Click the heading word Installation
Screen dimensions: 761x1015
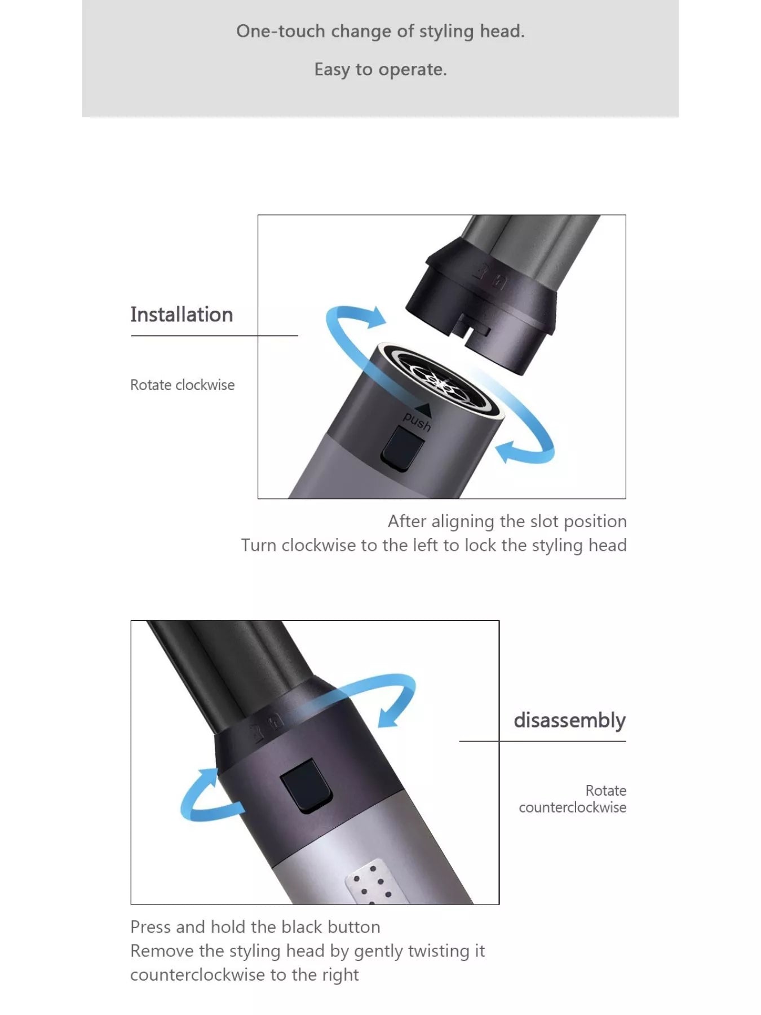click(x=182, y=315)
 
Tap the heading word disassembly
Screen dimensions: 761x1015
click(x=569, y=721)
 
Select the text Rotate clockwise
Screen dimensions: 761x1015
click(x=182, y=385)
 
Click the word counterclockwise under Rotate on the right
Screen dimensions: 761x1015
click(x=572, y=807)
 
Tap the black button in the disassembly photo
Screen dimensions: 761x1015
click(x=306, y=785)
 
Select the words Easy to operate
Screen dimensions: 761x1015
click(x=380, y=69)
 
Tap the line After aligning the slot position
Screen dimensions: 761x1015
click(x=507, y=522)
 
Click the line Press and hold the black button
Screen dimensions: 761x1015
click(x=255, y=927)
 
